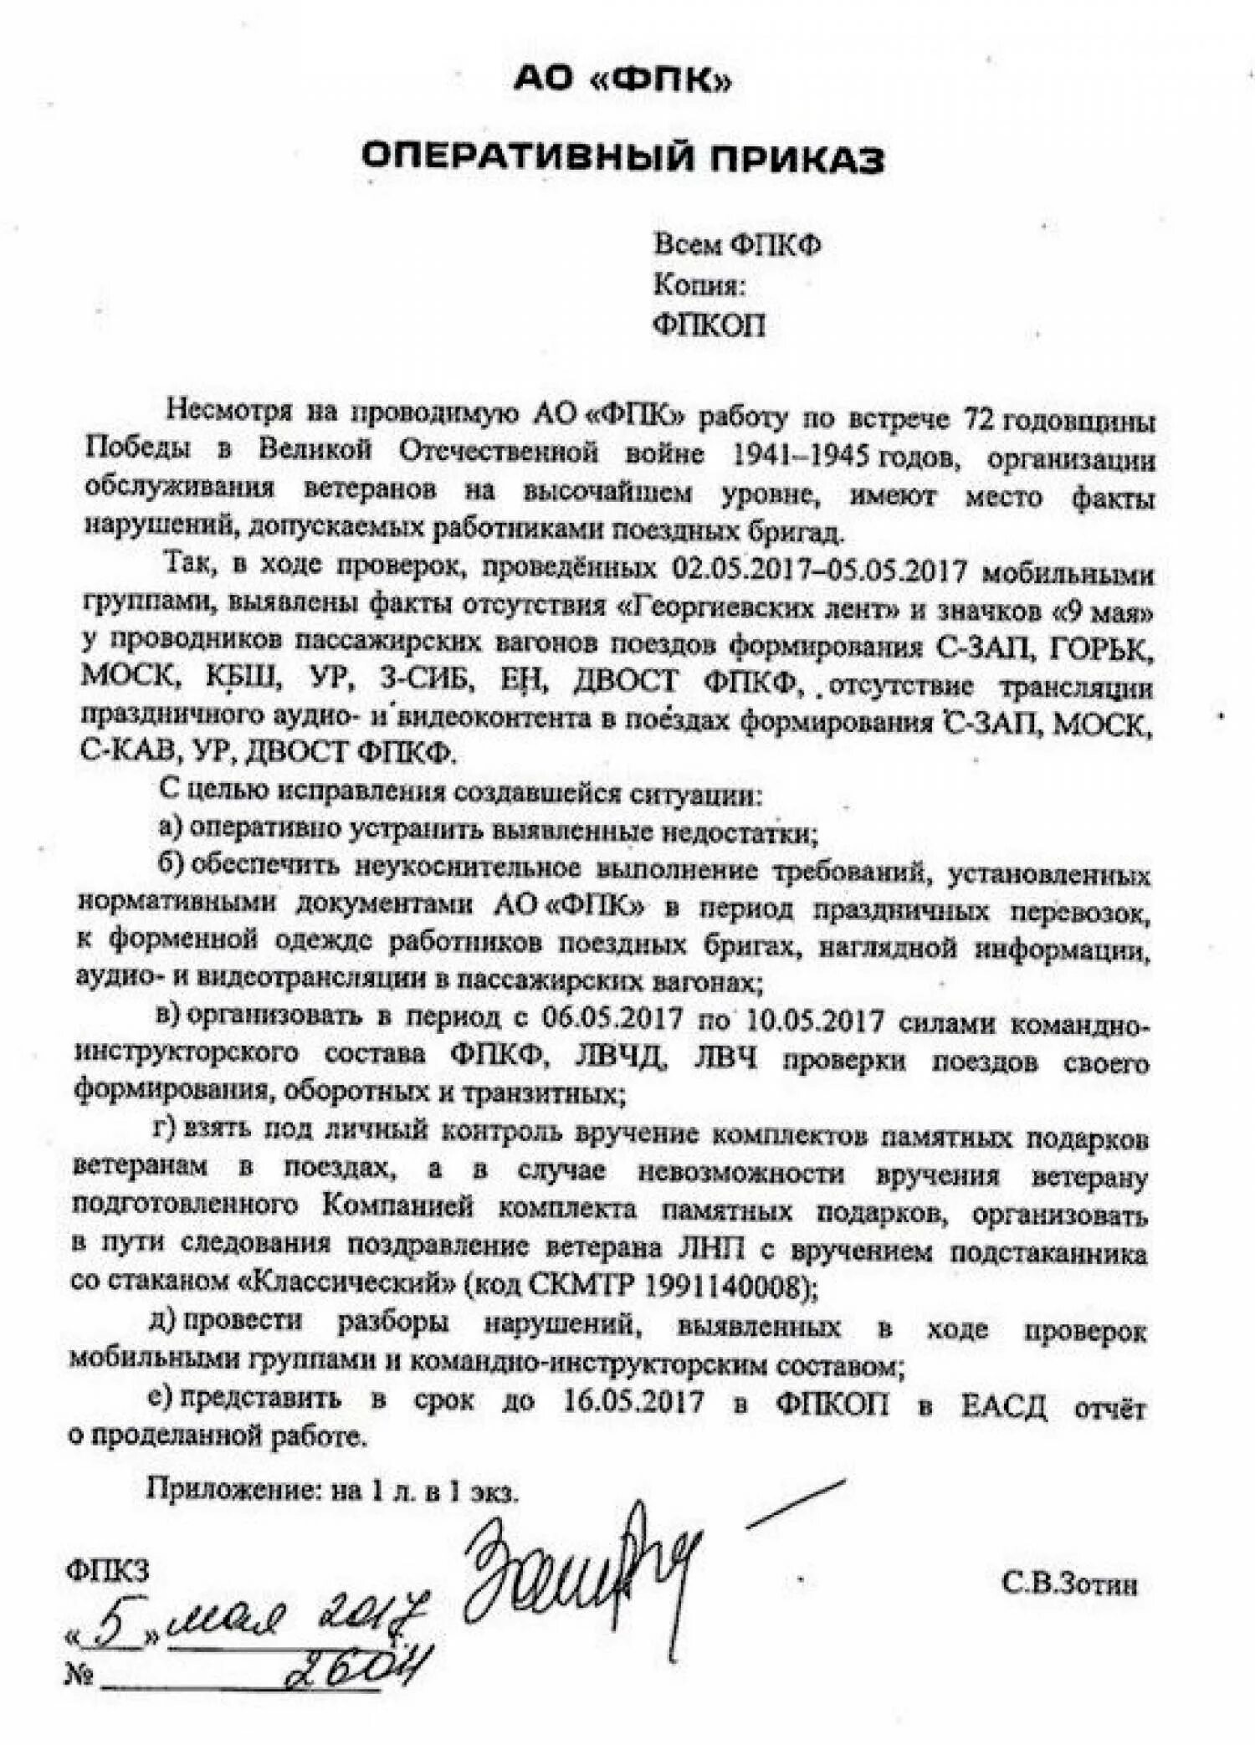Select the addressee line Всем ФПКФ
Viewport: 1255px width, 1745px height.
coord(737,244)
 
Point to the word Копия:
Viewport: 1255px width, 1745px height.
coord(699,285)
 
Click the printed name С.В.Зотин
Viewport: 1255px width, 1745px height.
coord(1069,1584)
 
